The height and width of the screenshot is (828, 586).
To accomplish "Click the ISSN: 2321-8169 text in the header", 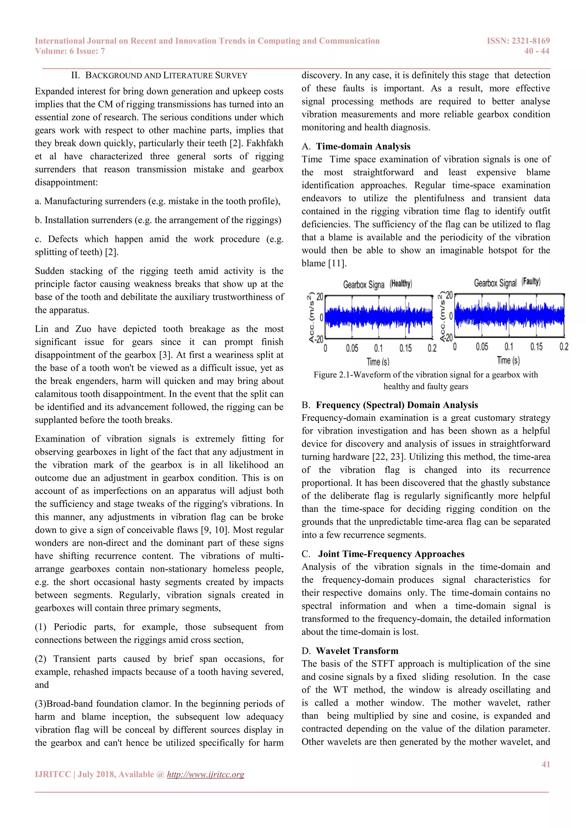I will pos(518,41).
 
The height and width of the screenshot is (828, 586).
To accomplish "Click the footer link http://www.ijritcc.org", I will pos(205,774).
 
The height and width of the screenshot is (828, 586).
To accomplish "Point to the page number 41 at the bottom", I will pos(546,764).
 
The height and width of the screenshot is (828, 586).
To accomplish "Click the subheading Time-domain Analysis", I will pos(363,146).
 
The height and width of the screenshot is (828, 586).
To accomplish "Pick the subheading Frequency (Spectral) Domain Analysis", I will pos(397,405).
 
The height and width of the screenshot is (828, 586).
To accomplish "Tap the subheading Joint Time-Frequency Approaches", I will pos(391,554).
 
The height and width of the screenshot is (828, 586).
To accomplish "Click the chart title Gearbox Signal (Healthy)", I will pos(377,284).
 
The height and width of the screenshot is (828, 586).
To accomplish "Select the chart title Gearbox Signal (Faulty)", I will pos(507,282).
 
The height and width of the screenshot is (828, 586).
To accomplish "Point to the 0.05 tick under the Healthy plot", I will pos(352,348).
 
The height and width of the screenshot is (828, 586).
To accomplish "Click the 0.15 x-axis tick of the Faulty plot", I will pos(536,347).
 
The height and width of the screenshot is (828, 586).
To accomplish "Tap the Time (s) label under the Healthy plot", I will pos(378,361).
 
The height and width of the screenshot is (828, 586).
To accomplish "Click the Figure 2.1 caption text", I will pos(425,381).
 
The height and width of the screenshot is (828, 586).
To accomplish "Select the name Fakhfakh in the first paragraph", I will pos(264,143).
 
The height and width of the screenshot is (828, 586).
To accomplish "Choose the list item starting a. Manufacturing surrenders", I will pos(157,201).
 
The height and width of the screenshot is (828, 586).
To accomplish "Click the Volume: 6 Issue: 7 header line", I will pos(70,51).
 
